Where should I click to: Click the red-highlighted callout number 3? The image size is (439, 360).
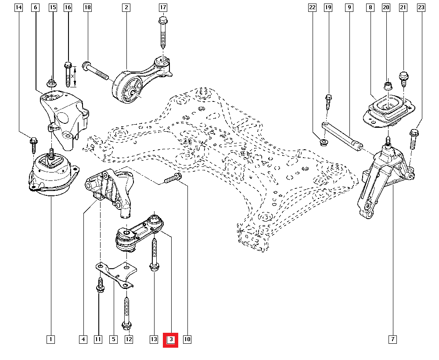click(171, 339)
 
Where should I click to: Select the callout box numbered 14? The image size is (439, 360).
click(18, 7)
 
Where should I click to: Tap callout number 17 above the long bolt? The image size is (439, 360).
click(163, 7)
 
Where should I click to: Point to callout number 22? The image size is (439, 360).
click(312, 7)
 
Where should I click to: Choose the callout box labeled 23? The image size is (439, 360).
click(421, 7)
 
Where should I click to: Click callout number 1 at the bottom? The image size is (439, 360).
click(51, 339)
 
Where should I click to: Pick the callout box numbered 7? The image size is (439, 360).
click(392, 339)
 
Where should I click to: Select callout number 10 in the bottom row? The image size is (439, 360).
click(187, 339)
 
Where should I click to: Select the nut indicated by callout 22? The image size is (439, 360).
click(323, 142)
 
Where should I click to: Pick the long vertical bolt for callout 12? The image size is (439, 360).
click(127, 312)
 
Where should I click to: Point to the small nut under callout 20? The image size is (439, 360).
click(388, 86)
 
